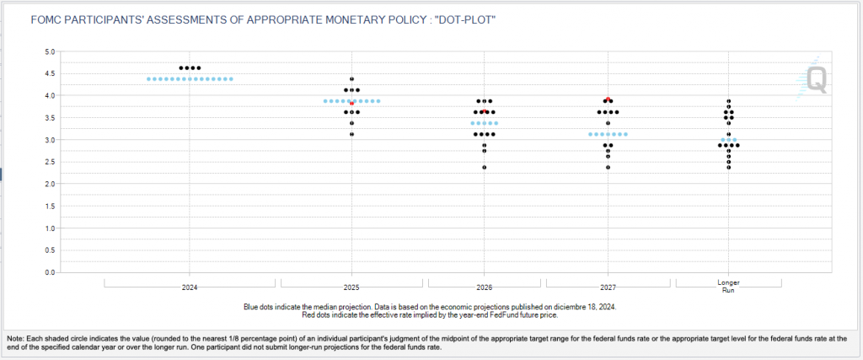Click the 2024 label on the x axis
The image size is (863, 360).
[190, 287]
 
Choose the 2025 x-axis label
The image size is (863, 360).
[352, 287]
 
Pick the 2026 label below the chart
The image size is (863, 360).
[485, 287]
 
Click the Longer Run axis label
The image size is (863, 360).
[728, 286]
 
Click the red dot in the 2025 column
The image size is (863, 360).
[352, 103]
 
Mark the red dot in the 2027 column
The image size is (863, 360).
[608, 99]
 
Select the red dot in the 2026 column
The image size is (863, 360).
[485, 110]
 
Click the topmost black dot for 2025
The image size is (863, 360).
[352, 79]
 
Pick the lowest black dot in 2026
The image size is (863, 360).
[485, 167]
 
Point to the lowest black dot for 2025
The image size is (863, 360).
[352, 134]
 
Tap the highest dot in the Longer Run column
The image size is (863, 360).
[729, 101]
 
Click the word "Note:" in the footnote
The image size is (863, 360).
[16, 336]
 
